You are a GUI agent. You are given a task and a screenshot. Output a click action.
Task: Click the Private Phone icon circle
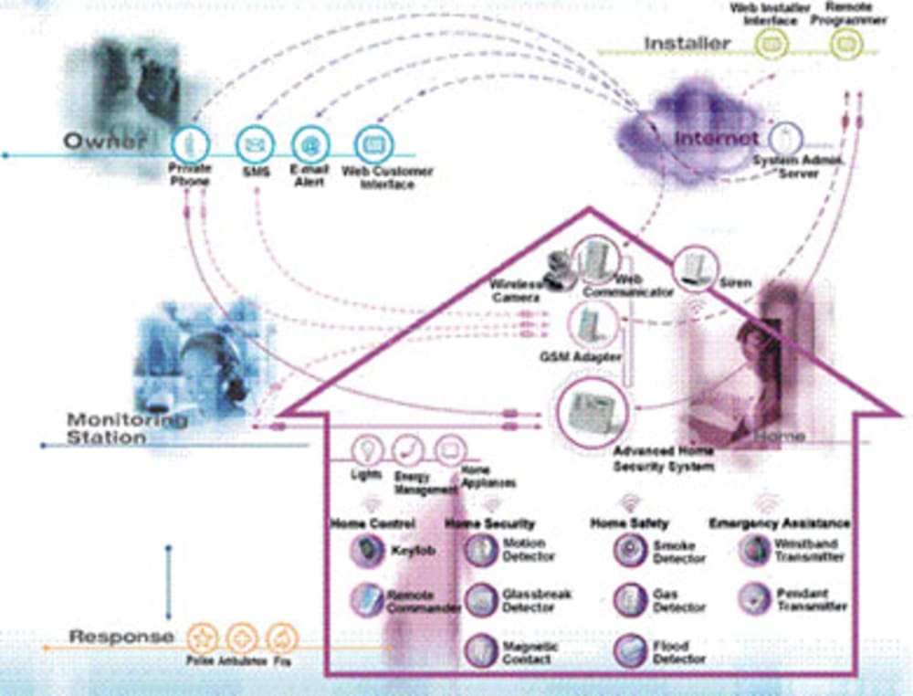tap(190, 142)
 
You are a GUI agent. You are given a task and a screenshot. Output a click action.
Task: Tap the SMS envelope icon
tap(255, 144)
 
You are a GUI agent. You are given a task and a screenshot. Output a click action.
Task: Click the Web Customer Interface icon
tap(373, 143)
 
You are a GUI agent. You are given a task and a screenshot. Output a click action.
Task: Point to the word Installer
tap(687, 43)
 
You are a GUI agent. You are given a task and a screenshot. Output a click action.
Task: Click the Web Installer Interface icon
tap(773, 41)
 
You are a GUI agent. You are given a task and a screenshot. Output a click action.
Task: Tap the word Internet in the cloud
tap(716, 139)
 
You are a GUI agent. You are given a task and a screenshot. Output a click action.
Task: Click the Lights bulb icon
tap(368, 450)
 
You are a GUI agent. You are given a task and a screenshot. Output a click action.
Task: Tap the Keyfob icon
tap(369, 550)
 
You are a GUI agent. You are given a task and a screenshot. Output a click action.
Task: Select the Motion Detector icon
tap(480, 550)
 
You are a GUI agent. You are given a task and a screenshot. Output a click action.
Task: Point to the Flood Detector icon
tap(629, 649)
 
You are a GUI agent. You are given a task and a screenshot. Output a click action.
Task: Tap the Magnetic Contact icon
tap(480, 649)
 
